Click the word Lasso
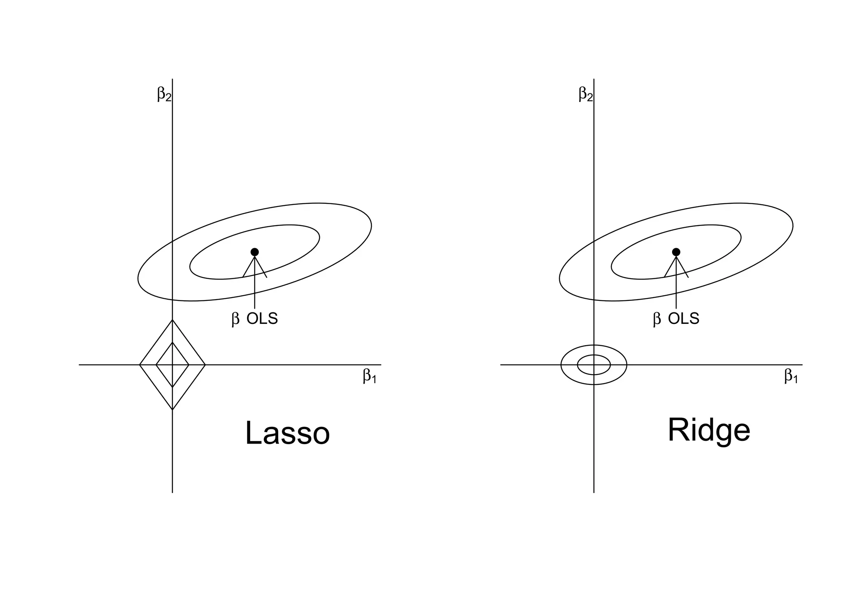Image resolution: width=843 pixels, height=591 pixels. [x=287, y=433]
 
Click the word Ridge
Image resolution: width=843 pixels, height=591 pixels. [x=709, y=430]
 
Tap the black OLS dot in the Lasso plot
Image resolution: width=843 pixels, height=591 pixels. [x=255, y=252]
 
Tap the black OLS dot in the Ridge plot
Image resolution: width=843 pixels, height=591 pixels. [x=676, y=252]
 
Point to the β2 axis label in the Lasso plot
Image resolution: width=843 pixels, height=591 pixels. [x=164, y=94]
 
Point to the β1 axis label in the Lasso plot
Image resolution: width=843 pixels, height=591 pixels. [x=369, y=376]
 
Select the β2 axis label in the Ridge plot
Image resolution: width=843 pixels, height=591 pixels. [x=585, y=94]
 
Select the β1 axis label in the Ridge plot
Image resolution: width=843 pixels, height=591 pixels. [x=791, y=376]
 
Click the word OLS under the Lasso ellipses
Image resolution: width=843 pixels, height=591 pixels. [x=262, y=319]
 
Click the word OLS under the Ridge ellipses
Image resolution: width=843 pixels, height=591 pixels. [x=684, y=319]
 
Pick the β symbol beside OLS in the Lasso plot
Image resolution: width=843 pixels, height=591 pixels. [x=235, y=319]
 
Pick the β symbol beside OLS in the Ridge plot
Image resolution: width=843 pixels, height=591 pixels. [x=657, y=319]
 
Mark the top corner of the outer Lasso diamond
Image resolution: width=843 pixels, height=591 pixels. [x=172, y=320]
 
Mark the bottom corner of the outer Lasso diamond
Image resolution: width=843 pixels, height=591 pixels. [x=172, y=410]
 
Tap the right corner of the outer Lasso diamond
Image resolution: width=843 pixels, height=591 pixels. [x=205, y=365]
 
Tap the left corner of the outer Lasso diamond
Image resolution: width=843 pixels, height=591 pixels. [x=140, y=365]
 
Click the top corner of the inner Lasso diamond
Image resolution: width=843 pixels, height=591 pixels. [x=172, y=342]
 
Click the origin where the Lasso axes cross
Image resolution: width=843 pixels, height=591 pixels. [x=172, y=365]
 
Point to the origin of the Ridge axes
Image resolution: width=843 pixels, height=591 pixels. [x=594, y=365]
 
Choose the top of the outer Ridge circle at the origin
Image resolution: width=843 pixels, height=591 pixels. [x=594, y=345]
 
